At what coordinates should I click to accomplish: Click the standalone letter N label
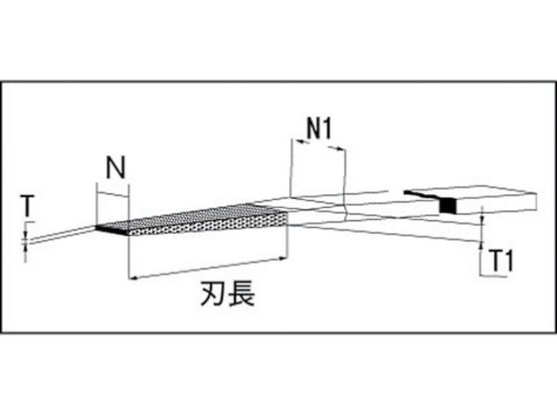pos(116,168)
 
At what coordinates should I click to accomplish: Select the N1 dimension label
pos(319,128)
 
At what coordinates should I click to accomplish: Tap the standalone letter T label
pos(27,206)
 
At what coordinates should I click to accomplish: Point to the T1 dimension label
pos(502,261)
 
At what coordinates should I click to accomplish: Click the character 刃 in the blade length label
pos(214,294)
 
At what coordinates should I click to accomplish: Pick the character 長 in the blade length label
pos(242,294)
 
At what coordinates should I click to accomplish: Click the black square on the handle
pos(448,206)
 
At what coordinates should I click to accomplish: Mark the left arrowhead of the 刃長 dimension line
pos(132,278)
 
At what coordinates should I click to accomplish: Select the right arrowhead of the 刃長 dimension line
pos(282,259)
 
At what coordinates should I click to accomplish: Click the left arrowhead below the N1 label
pos(301,142)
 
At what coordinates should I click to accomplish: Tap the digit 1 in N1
pos(327,128)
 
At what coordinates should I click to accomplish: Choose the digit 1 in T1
pos(509,261)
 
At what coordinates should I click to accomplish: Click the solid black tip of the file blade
pos(111,230)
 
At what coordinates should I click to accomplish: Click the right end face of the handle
pos(532,201)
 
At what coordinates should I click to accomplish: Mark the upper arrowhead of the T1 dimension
pos(482,221)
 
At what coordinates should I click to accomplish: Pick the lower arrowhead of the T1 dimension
pos(481,245)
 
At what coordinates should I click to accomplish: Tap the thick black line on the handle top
pos(424,194)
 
